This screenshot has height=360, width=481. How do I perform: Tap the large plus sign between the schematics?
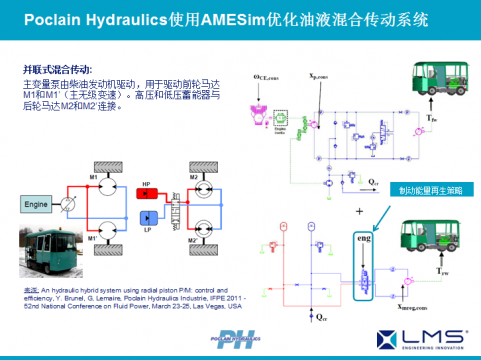point(359,213)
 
